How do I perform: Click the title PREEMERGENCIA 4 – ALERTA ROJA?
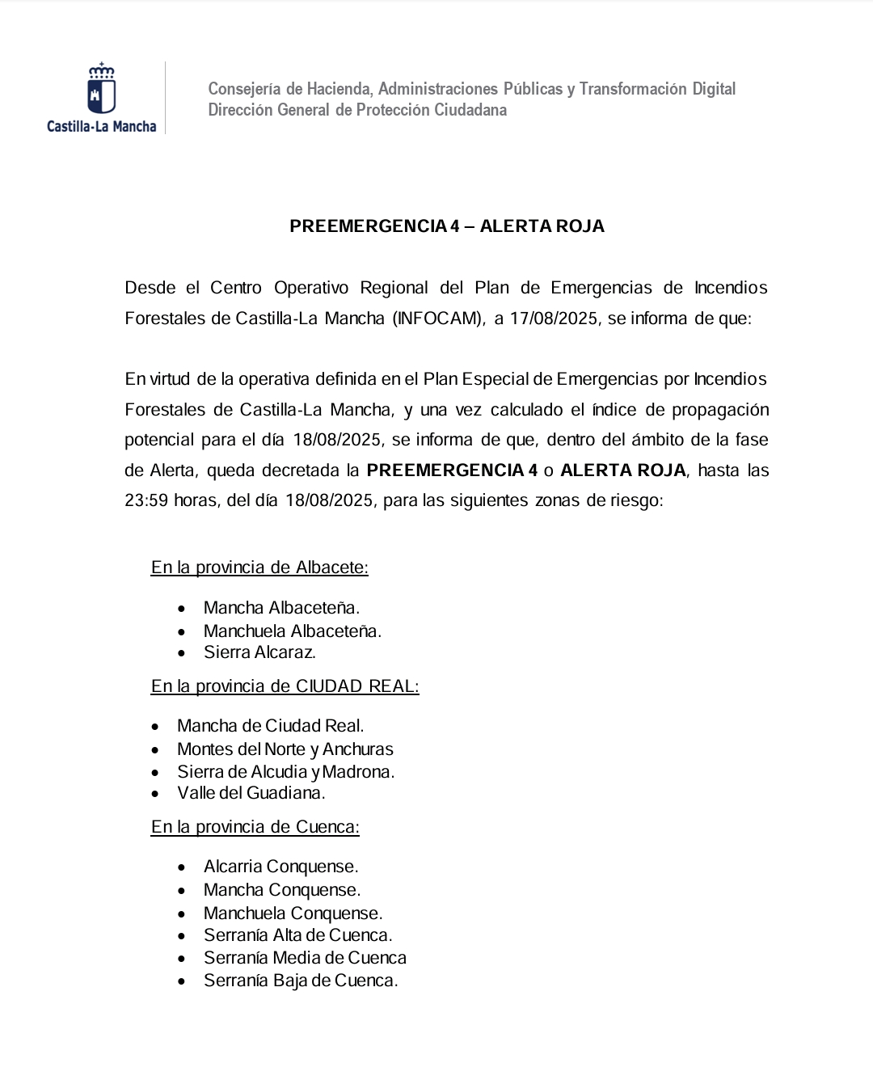click(x=446, y=226)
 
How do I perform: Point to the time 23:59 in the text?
click(x=146, y=500)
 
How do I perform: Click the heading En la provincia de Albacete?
click(x=259, y=567)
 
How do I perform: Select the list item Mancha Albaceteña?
click(x=281, y=608)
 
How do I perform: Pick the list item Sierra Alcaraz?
click(x=259, y=652)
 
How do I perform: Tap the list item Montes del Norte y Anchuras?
click(x=285, y=749)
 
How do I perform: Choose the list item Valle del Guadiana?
click(x=251, y=793)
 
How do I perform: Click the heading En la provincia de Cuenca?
click(x=255, y=827)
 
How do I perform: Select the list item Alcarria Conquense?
click(x=280, y=867)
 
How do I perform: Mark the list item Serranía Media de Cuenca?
click(x=305, y=958)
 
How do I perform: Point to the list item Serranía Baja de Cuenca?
click(x=301, y=981)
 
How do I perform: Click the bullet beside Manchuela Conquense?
click(x=183, y=914)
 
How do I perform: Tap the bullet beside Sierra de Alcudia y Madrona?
click(x=156, y=773)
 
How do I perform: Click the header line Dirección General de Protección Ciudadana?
click(x=357, y=110)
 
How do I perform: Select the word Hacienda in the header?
click(x=337, y=89)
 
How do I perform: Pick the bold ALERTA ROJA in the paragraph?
click(x=622, y=470)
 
